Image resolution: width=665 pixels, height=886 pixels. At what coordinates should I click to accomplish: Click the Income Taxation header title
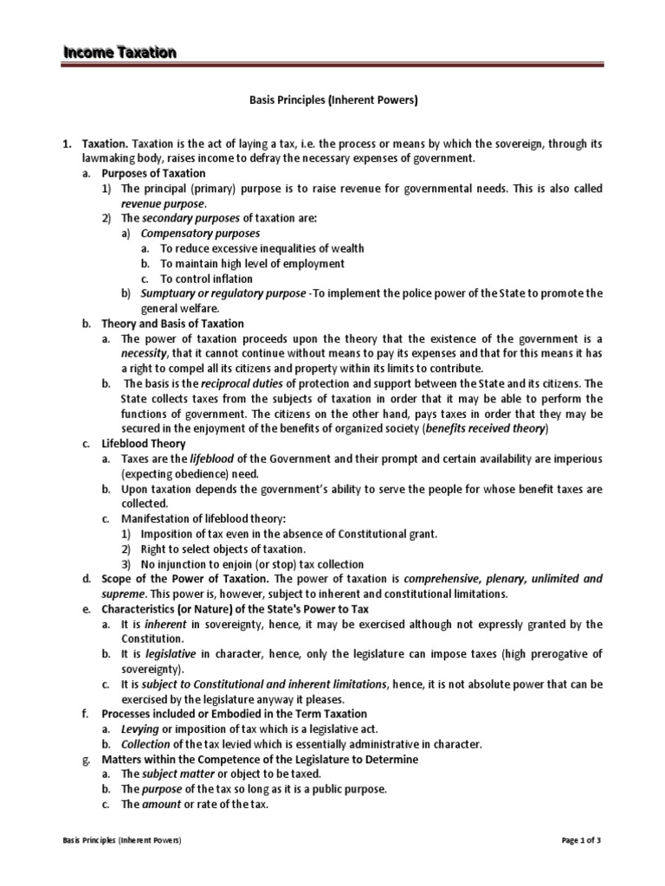(x=119, y=53)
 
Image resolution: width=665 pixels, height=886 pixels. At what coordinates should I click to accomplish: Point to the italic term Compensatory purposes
(x=200, y=233)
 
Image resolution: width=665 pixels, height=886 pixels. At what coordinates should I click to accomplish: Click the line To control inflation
(x=207, y=279)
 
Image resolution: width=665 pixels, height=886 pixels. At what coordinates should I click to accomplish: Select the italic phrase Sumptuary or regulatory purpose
(x=223, y=293)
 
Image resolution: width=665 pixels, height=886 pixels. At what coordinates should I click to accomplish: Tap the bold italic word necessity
(x=143, y=353)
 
